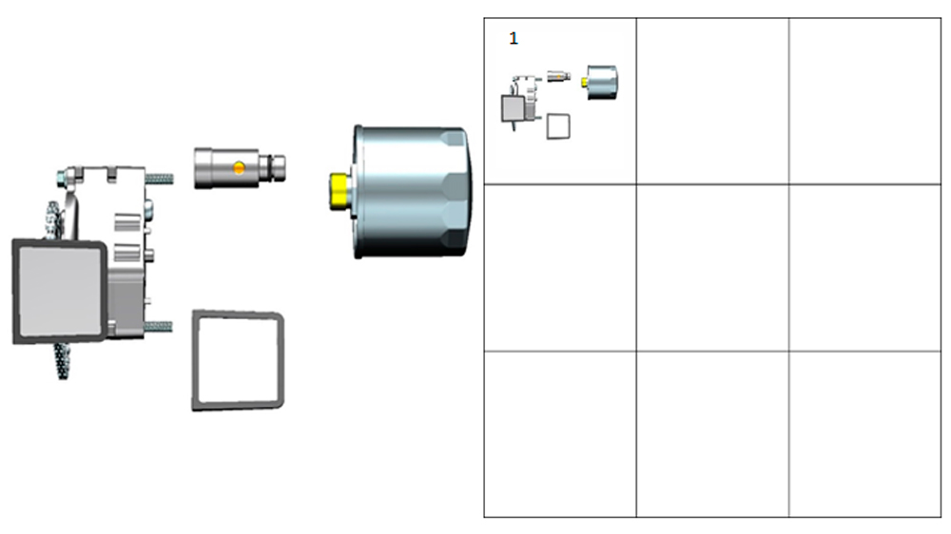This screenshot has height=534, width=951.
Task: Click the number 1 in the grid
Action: (514, 38)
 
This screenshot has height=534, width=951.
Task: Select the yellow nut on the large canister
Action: (340, 192)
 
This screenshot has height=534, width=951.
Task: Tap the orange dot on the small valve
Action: (239, 168)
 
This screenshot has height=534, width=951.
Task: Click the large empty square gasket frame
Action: (195, 361)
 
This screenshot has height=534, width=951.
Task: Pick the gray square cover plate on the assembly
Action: (59, 291)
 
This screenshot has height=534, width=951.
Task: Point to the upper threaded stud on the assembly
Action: (159, 179)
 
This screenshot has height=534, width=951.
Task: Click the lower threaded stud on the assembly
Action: (158, 327)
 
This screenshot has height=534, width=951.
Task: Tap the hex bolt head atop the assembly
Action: (63, 178)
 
